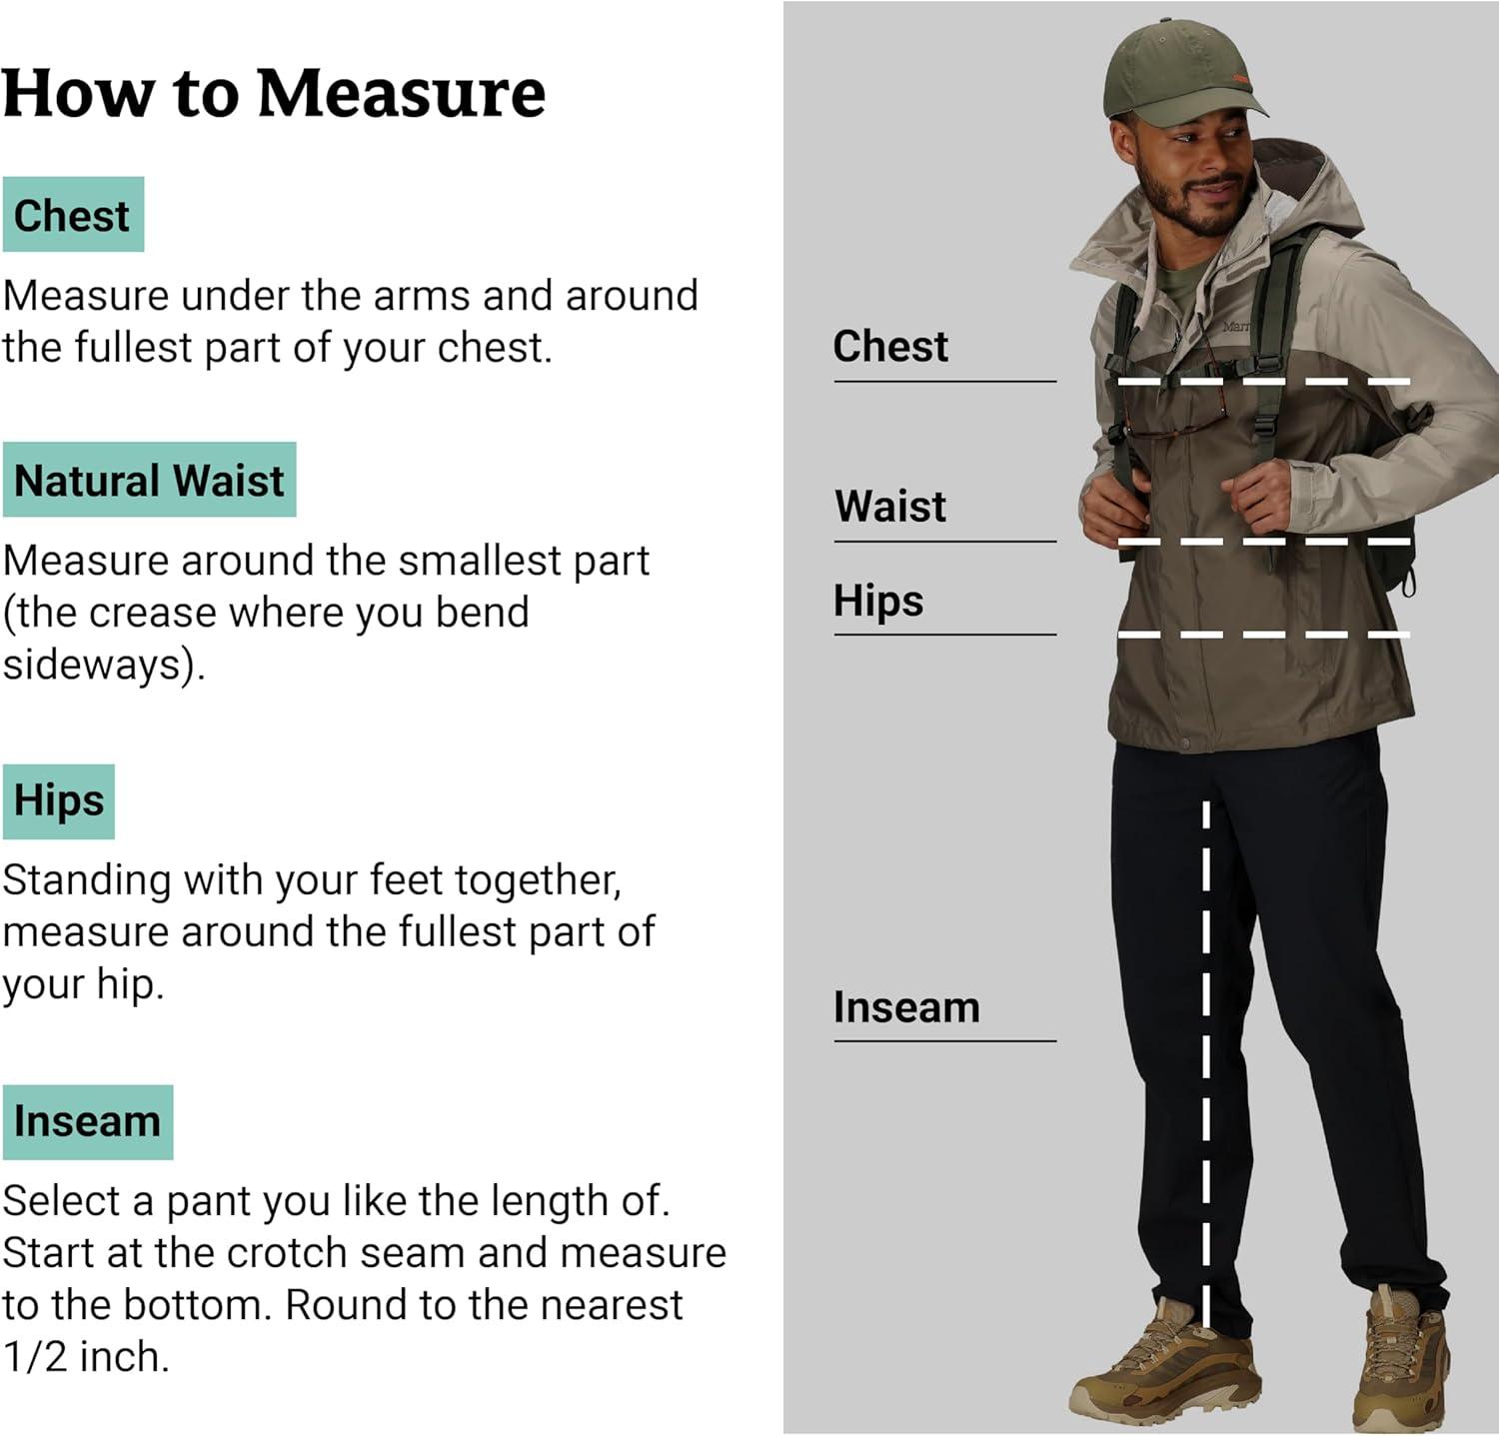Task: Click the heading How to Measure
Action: (274, 93)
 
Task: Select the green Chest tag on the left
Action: (73, 215)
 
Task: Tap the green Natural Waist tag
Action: (149, 480)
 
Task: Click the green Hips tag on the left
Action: (59, 800)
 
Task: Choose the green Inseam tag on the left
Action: (87, 1121)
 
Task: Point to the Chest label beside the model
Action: (890, 346)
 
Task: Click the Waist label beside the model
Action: (890, 506)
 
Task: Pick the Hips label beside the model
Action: (878, 601)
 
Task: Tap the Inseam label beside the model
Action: (906, 1007)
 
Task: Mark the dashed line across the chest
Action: (1263, 382)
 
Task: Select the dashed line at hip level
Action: (1263, 635)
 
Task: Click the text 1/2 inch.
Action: (85, 1356)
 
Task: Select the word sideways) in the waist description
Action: (103, 665)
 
